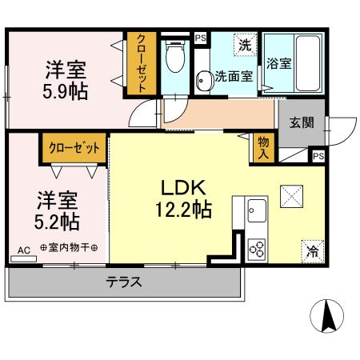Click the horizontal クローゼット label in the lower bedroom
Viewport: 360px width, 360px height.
(74, 148)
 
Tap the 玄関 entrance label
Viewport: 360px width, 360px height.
(301, 122)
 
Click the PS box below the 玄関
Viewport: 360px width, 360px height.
(318, 157)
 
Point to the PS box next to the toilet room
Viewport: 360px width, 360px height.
(200, 37)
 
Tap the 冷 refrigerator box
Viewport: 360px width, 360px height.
(312, 250)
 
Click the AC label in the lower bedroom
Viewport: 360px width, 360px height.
(23, 250)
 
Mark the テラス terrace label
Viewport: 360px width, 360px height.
(124, 282)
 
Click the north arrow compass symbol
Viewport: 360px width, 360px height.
(327, 316)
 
